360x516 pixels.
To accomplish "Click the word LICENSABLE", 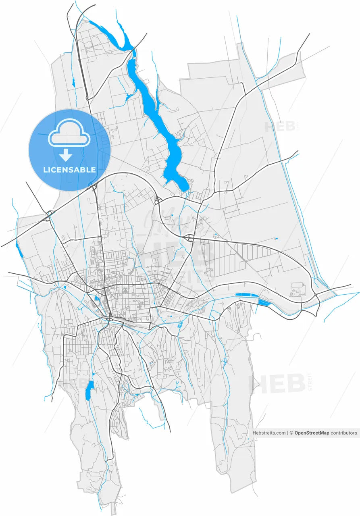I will (69, 170).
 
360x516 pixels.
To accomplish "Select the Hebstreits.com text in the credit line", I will (269, 433).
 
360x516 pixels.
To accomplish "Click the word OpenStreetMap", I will (312, 433).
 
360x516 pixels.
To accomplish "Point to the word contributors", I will (344, 433).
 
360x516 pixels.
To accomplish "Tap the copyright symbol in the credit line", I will (291, 433).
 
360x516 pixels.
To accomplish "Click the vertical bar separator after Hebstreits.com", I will (288, 433).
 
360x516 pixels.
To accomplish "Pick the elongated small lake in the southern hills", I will (89, 390).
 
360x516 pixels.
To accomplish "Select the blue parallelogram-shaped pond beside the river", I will (264, 302).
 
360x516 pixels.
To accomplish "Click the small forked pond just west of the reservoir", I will (129, 96).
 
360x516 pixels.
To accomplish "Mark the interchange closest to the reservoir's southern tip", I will (158, 200).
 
